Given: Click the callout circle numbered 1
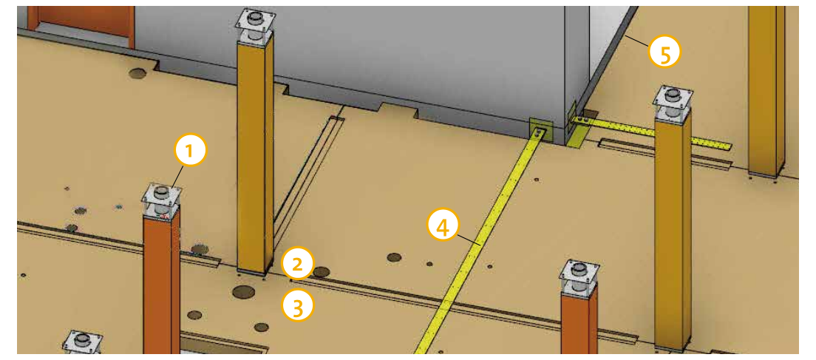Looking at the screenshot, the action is pos(191,150).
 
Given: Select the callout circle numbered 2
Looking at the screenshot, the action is pos(297,265).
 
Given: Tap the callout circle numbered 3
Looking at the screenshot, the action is pos(298,306).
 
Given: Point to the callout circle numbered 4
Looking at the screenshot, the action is pos(443,228).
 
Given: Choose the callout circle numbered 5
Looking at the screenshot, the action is pos(664,53).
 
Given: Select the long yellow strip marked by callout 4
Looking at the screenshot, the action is pos(478,242).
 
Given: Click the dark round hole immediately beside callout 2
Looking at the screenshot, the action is pos(322,272).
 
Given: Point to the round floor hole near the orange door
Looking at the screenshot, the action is pos(138,74).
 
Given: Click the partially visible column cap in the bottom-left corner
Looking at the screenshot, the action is pos(82,342).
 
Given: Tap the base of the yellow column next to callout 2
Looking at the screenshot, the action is pos(254,271).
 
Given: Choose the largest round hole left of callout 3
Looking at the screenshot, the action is pos(244,292).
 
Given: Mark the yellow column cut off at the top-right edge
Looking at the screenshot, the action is pos(766,89).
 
